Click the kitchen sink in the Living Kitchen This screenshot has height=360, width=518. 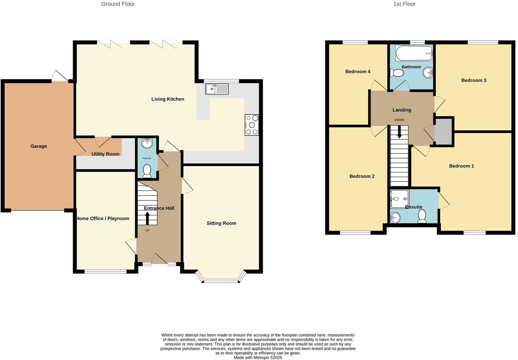tap(217, 89)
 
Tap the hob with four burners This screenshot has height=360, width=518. tap(252, 125)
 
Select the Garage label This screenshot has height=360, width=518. tap(38, 146)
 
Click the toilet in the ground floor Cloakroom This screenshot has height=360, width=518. tap(147, 171)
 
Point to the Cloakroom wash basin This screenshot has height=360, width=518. tap(147, 142)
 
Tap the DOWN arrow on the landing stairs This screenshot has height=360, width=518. tap(399, 132)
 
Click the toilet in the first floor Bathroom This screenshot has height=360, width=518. tap(397, 73)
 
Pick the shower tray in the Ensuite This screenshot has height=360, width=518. tap(400, 199)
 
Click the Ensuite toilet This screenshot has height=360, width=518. tap(422, 217)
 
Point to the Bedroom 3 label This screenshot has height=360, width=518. tap(474, 80)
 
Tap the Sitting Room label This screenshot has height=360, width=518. tap(221, 223)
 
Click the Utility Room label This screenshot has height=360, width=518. tap(105, 154)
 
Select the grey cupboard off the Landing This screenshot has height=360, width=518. tap(444, 132)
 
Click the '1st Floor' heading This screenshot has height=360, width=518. tap(404, 4)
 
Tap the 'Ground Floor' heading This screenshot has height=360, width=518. tap(118, 4)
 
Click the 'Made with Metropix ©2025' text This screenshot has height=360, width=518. tap(258, 358)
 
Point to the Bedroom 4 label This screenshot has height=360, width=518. tap(358, 72)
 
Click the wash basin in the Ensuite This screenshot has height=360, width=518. tap(395, 217)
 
